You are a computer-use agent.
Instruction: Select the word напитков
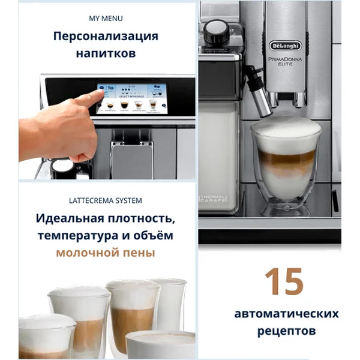pyautogui.click(x=106, y=53)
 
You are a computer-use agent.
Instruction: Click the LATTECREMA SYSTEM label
pyautogui.click(x=106, y=199)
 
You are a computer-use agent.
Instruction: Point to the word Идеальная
pyautogui.click(x=67, y=217)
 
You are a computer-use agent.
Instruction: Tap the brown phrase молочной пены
pyautogui.click(x=106, y=253)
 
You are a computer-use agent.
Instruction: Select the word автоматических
pyautogui.click(x=286, y=314)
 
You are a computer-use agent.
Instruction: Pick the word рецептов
pyautogui.click(x=286, y=331)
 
